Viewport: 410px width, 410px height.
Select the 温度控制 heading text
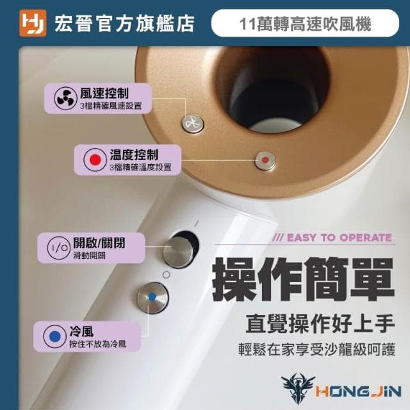tap(135, 154)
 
